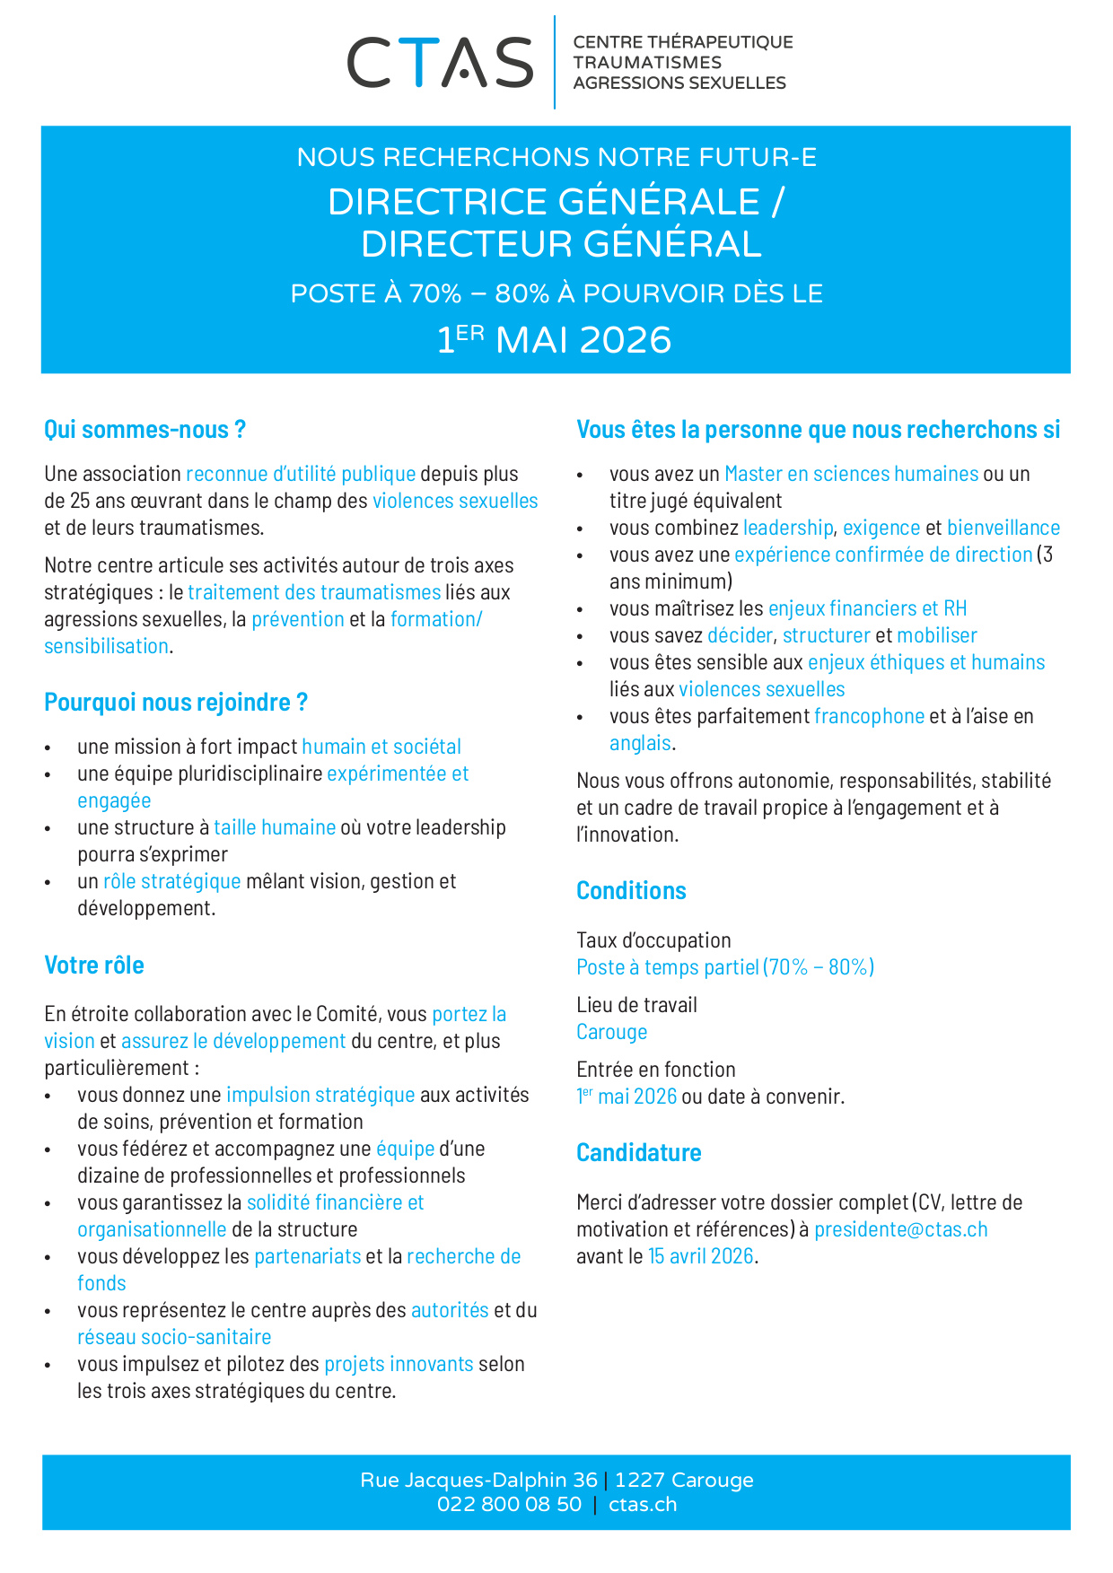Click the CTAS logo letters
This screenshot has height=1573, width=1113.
tap(440, 63)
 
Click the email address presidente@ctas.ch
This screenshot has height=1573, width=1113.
tap(900, 1229)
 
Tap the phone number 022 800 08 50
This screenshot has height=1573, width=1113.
tap(509, 1505)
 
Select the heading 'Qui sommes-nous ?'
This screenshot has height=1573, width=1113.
tap(145, 430)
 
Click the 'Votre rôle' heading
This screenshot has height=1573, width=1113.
tap(94, 966)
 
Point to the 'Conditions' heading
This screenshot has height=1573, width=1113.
tap(631, 891)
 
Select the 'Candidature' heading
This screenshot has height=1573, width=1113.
tap(638, 1153)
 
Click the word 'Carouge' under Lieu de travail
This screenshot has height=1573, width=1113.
tap(611, 1032)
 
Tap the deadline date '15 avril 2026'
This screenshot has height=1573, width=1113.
tap(700, 1256)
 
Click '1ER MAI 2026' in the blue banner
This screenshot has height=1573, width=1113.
tap(555, 340)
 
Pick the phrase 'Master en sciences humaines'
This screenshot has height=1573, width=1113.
tap(851, 474)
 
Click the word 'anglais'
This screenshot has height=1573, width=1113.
tap(640, 743)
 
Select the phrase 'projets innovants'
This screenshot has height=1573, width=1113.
tap(399, 1364)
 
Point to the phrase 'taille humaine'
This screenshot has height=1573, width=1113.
tap(275, 827)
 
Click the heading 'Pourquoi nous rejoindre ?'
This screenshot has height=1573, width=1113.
tap(176, 703)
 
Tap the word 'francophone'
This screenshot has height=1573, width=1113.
tap(869, 716)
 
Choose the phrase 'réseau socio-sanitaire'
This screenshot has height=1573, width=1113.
tap(174, 1337)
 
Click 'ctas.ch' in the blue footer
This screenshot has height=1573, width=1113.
tap(643, 1505)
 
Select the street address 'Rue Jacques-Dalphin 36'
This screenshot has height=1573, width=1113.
tap(478, 1481)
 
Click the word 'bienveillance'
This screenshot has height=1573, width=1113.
tap(1003, 528)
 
